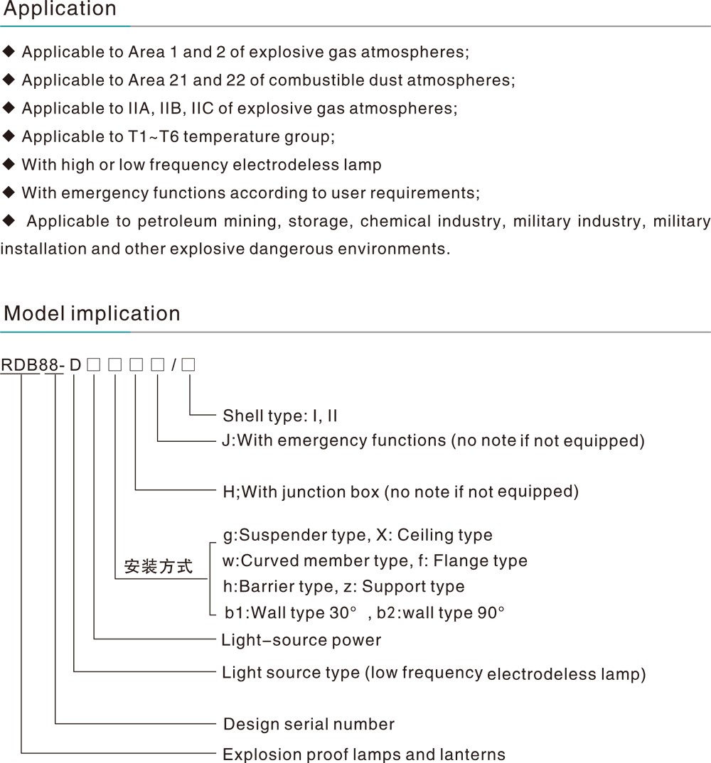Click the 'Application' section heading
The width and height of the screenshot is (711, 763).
pos(60,9)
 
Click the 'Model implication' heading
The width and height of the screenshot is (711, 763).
pos(92,313)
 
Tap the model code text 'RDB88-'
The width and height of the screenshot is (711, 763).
pos(33,364)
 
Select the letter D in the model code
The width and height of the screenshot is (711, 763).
pos(75,364)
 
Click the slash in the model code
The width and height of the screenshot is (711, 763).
pos(174,364)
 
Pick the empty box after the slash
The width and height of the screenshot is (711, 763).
pos(188,364)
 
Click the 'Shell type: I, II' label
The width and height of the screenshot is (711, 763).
pos(280,416)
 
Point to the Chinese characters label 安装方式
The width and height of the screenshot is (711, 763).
pos(159,566)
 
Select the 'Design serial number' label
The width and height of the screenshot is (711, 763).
pos(309,724)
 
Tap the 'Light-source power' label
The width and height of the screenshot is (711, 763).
pos(301,640)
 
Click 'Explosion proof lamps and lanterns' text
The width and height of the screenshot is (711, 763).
pos(364,754)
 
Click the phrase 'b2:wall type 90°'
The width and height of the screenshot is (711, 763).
pos(440,612)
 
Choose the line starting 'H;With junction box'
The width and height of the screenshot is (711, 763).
pos(401,492)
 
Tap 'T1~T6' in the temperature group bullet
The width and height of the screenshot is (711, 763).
pos(154,136)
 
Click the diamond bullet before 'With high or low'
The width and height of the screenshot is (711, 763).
pos(9,164)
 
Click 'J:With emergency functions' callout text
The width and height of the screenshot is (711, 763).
pos(334,440)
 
